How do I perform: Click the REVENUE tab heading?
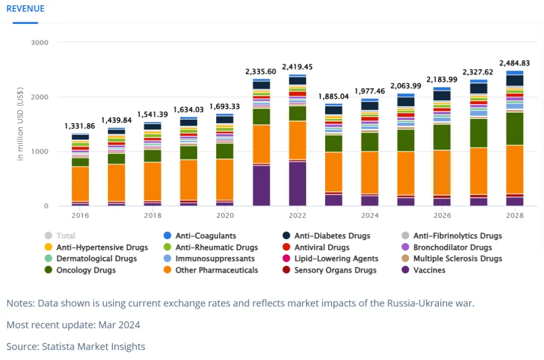tap(25, 9)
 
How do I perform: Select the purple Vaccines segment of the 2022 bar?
tap(297, 183)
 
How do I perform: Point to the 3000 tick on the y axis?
tap(40, 42)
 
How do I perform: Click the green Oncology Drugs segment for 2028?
tap(515, 128)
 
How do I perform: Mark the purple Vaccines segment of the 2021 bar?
tap(261, 185)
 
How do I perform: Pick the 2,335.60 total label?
tap(261, 71)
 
